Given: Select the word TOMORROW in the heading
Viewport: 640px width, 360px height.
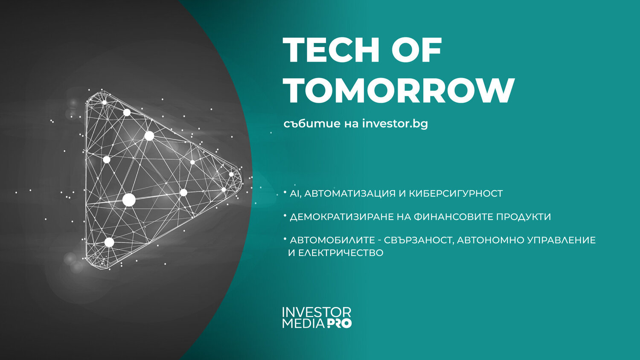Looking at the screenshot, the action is pos(399,90).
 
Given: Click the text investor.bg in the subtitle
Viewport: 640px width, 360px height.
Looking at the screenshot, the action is pos(395,124).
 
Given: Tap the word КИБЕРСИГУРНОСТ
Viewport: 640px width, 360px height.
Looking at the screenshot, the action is pos(456,193).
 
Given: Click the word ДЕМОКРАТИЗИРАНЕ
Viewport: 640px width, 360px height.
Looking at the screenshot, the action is pos(341,217).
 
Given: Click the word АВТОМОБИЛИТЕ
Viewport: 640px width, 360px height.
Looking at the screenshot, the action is pos(332,240).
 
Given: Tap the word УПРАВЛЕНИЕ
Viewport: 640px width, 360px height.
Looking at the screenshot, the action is pos(562,240).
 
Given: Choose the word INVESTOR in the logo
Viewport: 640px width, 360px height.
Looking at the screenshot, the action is pos(317,312).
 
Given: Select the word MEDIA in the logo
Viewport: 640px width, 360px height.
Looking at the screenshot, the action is pos(303,323).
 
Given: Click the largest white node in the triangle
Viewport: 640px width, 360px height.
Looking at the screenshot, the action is pos(129,200).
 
